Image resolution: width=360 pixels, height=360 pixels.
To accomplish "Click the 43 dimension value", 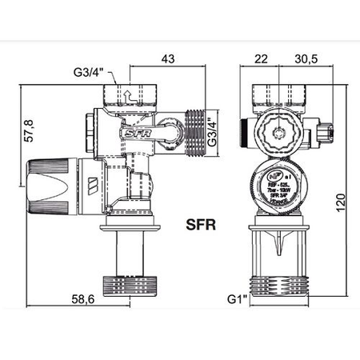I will click(x=167, y=59).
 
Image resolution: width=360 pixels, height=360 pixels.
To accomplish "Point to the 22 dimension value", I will click(x=262, y=59).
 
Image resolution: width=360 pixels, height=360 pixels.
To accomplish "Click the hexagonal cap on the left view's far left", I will click(x=88, y=128).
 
